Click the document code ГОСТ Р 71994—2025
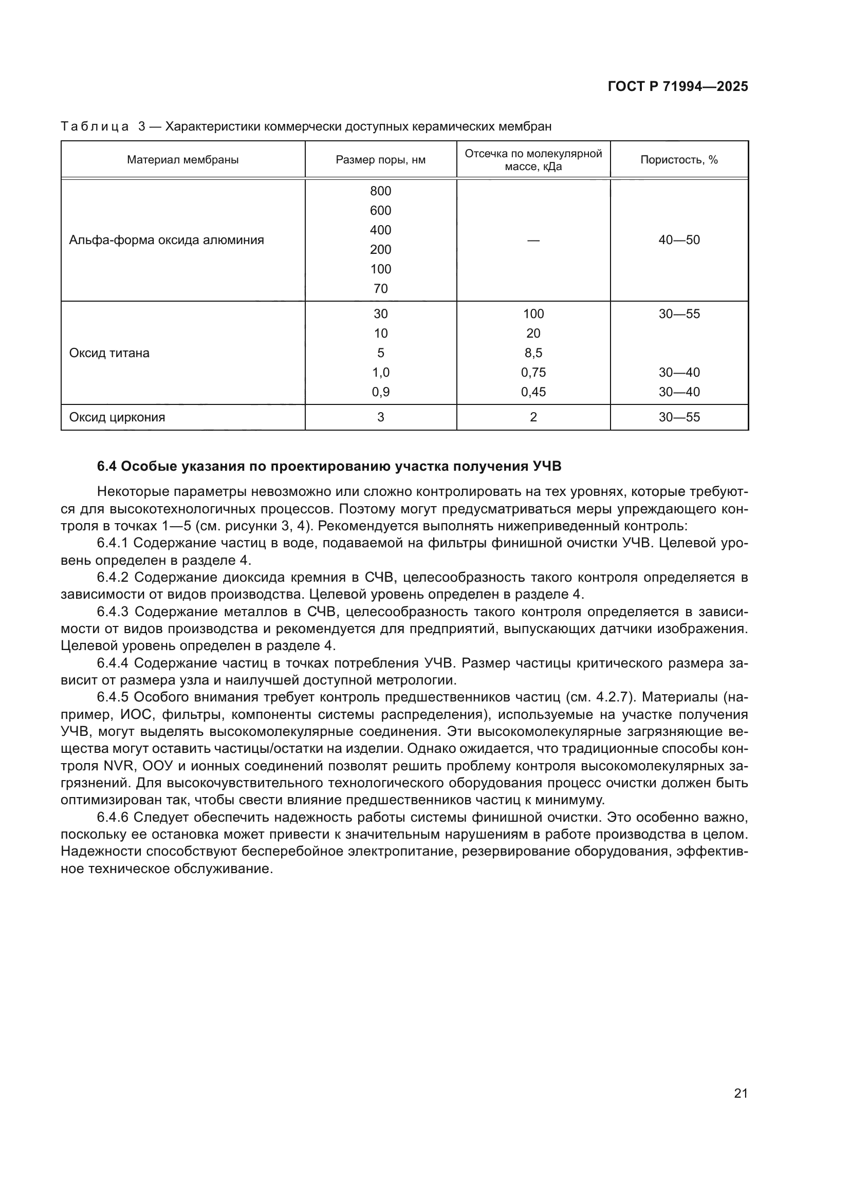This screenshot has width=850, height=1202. click(678, 86)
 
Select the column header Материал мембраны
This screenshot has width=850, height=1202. click(182, 160)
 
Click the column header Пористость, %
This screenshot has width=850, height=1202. click(679, 160)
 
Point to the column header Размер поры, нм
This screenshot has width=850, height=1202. click(380, 160)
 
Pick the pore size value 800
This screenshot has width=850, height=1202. click(380, 191)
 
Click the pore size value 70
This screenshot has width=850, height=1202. click(380, 288)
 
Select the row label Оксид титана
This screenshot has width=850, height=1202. click(109, 353)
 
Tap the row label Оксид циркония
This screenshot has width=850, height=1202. click(117, 417)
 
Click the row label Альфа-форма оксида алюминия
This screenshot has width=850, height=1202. click(167, 241)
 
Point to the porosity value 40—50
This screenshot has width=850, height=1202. click(679, 241)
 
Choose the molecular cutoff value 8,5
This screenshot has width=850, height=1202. click(533, 353)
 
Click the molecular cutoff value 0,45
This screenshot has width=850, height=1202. click(533, 392)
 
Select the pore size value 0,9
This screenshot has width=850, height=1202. click(380, 392)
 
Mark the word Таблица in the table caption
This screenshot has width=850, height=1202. click(95, 127)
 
